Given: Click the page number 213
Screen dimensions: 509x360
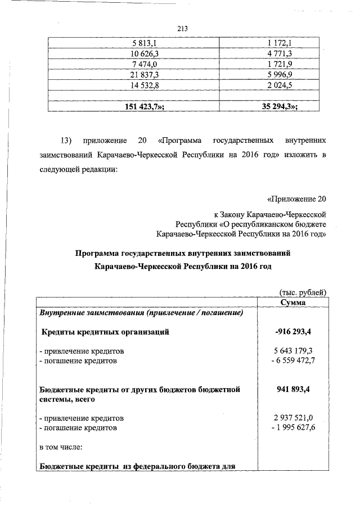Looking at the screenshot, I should (181, 29).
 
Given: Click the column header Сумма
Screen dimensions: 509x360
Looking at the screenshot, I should (292, 303).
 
